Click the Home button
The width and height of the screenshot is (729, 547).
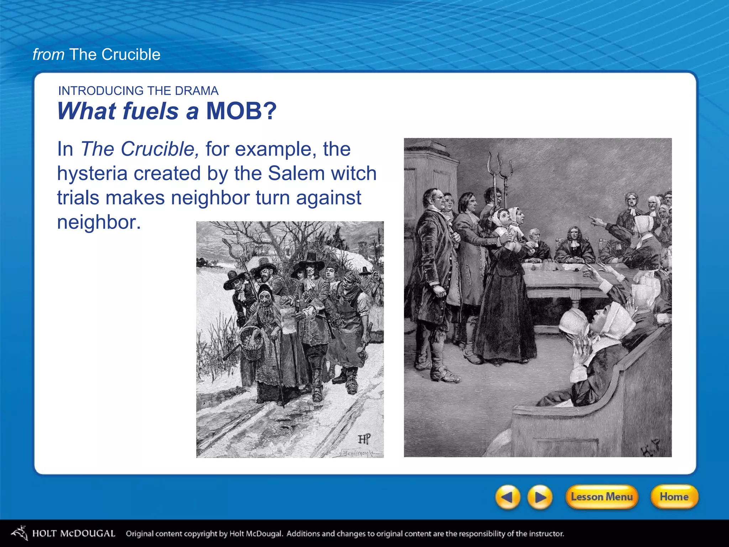(674, 496)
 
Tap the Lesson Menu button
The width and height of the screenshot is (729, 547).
(602, 496)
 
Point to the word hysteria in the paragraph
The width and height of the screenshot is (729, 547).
(92, 173)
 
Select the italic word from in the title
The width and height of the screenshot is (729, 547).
(48, 54)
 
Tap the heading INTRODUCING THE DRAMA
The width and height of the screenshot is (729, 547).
(138, 91)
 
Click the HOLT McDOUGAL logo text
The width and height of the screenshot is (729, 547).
(74, 533)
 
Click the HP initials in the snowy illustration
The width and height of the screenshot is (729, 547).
(364, 439)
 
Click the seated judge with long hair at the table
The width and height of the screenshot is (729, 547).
(574, 246)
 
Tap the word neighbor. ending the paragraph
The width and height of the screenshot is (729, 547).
(99, 222)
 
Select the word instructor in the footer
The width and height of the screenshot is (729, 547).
(546, 533)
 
